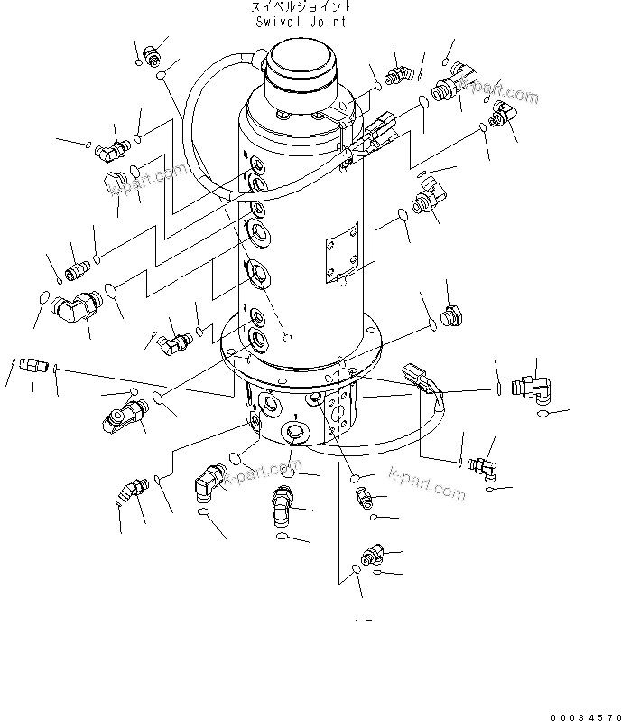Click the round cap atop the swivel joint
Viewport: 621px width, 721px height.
pos(298,68)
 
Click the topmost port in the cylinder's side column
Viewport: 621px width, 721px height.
pos(258,166)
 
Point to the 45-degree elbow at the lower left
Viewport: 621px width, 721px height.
pos(132,492)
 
